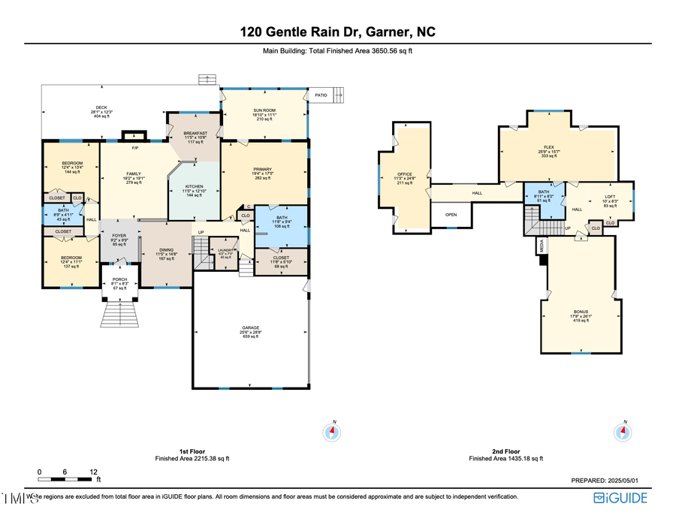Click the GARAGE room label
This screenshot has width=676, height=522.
pyautogui.click(x=250, y=328)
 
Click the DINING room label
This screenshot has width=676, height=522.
pyautogui.click(x=166, y=250)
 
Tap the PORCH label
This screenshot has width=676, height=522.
pyautogui.click(x=121, y=279)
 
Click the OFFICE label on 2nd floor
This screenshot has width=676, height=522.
pyautogui.click(x=404, y=173)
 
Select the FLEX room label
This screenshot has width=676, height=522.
pyautogui.click(x=559, y=148)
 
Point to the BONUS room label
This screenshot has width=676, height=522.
pyautogui.click(x=581, y=312)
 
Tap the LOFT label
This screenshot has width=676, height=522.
pyautogui.click(x=610, y=197)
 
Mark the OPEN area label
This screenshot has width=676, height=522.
pyautogui.click(x=451, y=214)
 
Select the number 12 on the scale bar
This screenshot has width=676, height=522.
pyautogui.click(x=93, y=472)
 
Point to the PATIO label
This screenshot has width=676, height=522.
pyautogui.click(x=321, y=95)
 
